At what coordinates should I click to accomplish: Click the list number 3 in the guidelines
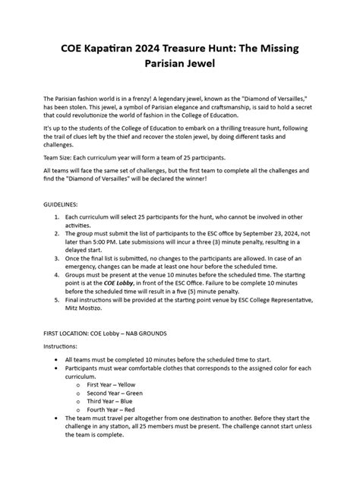click(x=57, y=258)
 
